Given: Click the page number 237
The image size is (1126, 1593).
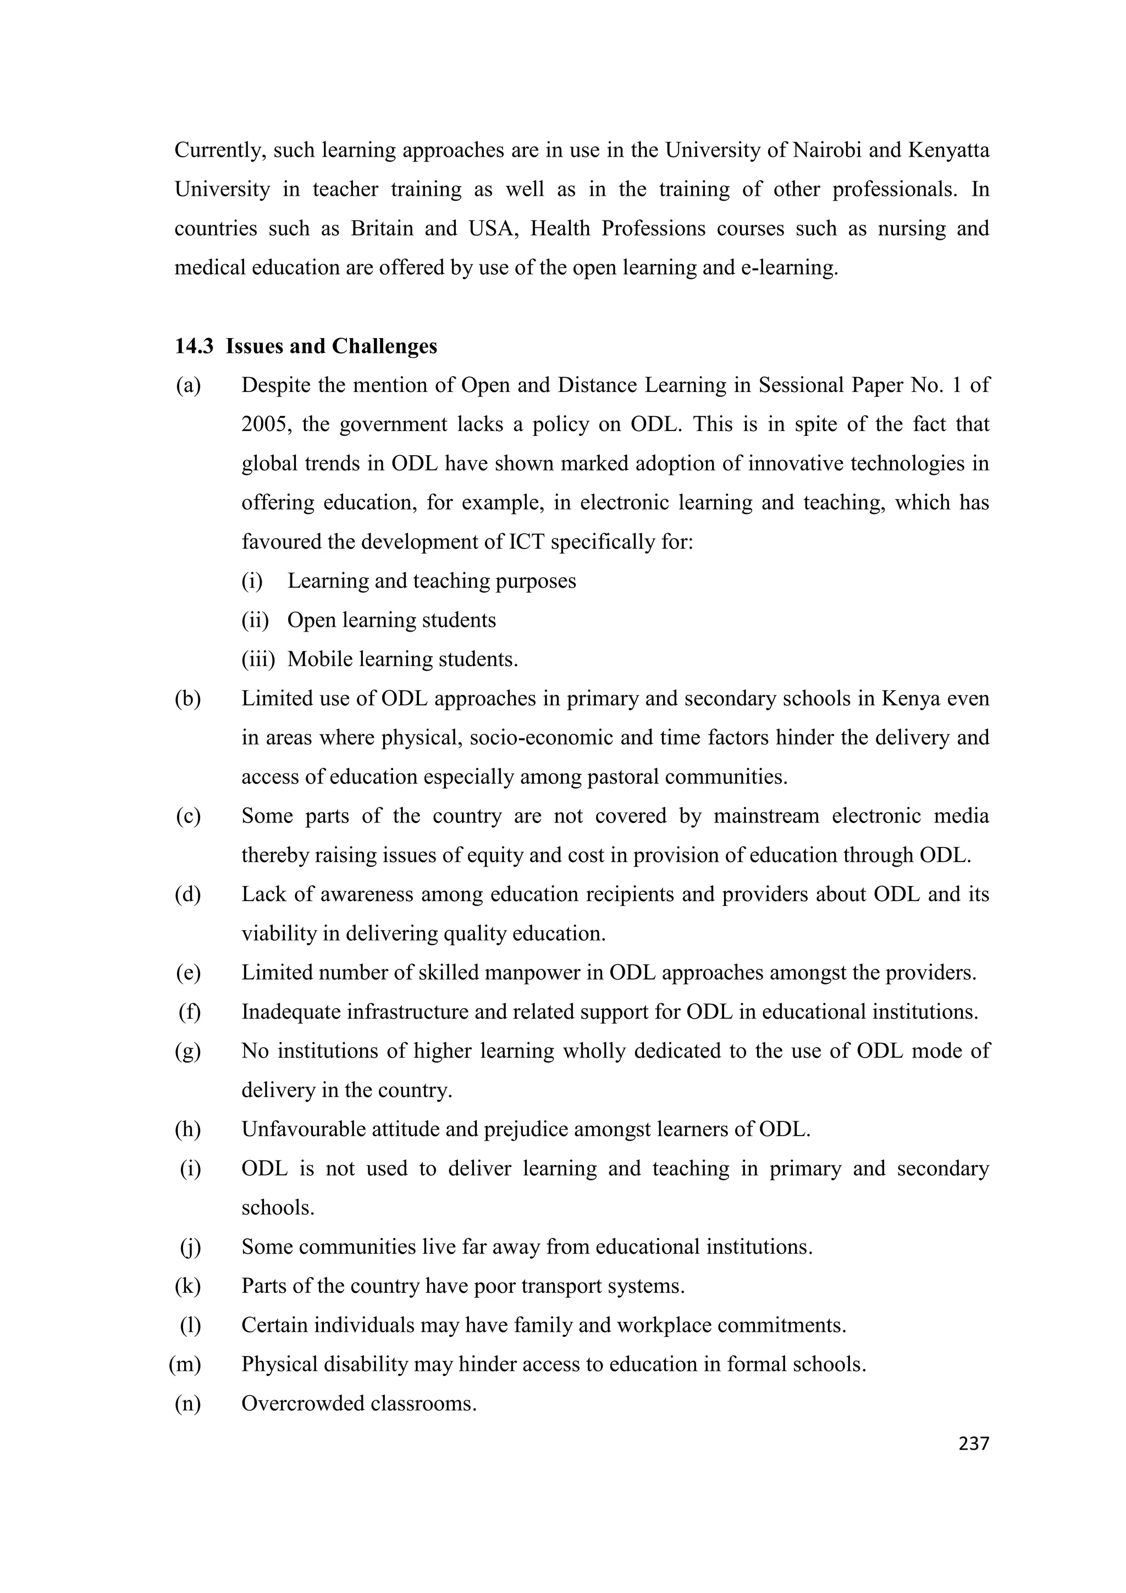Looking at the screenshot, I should click(973, 1443).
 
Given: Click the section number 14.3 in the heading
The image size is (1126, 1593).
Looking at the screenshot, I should click(194, 346).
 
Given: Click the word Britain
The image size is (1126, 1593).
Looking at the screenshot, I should click(382, 228).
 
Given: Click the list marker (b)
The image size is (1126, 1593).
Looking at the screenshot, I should click(188, 699).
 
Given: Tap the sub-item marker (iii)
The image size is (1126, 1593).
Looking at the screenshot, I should click(258, 659).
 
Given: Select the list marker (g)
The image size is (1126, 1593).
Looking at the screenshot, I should click(188, 1051).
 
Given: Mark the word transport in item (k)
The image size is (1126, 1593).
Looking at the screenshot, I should click(561, 1286).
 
